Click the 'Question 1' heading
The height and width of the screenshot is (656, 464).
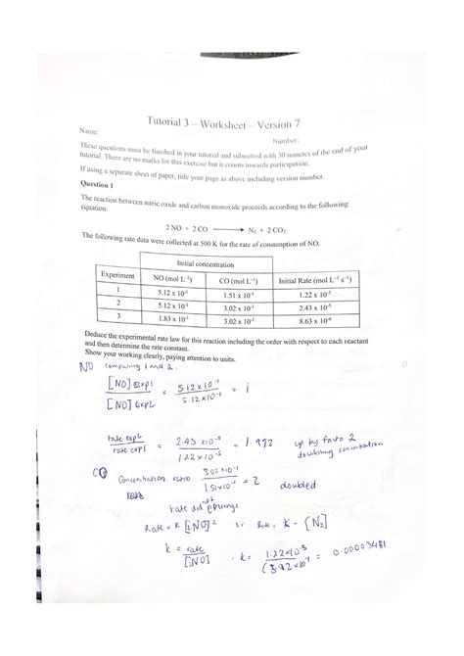point(100,185)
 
